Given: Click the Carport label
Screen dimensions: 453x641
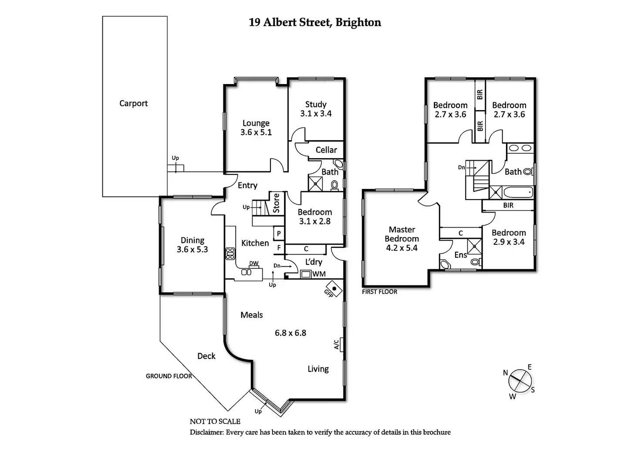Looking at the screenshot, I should click(x=133, y=103).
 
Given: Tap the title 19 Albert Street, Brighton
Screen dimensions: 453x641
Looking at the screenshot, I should click(x=315, y=22).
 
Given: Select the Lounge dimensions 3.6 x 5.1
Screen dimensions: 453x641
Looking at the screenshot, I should click(x=256, y=132).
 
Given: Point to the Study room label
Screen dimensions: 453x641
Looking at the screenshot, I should click(x=316, y=105).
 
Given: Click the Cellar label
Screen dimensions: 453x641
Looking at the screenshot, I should click(x=326, y=150).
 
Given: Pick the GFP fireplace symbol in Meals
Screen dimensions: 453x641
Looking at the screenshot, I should click(x=334, y=288).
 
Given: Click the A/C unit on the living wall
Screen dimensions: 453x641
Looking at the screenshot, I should click(x=341, y=344).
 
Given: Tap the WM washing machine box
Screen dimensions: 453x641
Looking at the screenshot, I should click(x=306, y=274).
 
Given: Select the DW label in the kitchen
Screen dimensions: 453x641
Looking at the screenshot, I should click(x=254, y=264).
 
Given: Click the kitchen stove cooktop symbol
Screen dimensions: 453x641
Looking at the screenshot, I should click(x=230, y=254).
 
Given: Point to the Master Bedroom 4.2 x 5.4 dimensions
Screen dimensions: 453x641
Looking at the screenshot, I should click(x=401, y=248).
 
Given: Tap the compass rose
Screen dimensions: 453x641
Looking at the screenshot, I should click(x=520, y=382).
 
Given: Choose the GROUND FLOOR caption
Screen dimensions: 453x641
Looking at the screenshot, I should click(x=169, y=376).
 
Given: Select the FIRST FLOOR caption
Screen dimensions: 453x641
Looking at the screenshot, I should click(x=379, y=292).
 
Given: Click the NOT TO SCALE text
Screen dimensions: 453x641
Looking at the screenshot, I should click(x=215, y=421).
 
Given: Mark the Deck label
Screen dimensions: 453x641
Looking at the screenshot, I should click(x=206, y=356).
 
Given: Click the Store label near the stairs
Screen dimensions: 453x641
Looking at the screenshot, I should click(x=276, y=203).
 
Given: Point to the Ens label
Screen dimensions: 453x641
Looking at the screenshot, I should click(x=460, y=255).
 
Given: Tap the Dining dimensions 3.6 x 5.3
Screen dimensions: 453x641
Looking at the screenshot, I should click(x=192, y=250).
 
